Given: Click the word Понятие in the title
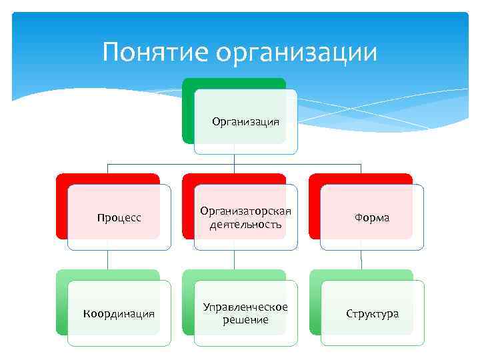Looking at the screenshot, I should click(152, 52).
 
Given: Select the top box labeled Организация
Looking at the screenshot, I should click(245, 121).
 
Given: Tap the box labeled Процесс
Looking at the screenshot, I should click(119, 218).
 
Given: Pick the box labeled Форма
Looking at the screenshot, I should click(372, 218).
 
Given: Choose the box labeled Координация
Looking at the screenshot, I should click(119, 313).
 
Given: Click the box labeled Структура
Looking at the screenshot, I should click(372, 313).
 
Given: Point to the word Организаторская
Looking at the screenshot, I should click(245, 211).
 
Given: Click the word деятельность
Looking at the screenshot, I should click(245, 225).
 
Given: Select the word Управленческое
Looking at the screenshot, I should click(245, 307).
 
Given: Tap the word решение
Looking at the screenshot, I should click(245, 320).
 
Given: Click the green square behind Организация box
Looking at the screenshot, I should click(188, 113).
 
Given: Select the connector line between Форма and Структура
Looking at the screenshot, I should click(361, 260).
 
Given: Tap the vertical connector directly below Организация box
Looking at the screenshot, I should click(234, 159).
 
